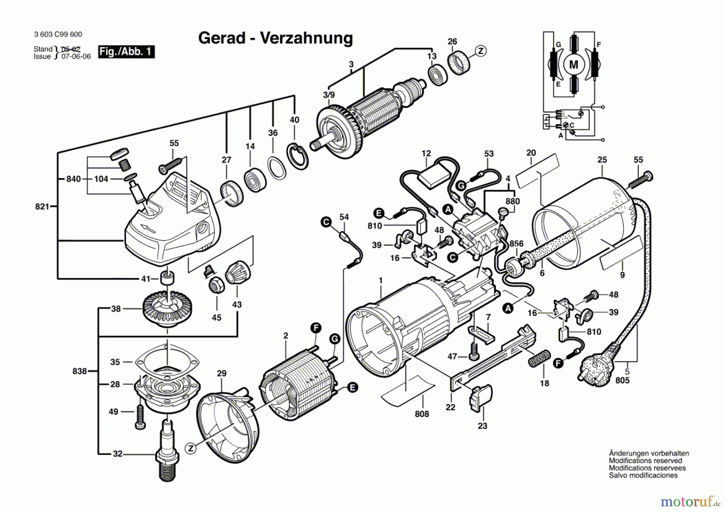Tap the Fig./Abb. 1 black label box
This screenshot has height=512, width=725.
point(126,52)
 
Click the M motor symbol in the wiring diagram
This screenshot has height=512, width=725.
point(574,64)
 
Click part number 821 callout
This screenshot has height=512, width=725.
point(42,207)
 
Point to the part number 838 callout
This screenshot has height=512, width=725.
point(79,371)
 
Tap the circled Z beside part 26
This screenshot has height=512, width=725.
point(480,51)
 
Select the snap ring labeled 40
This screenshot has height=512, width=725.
point(298,156)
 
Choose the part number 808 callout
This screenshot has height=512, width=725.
point(422,414)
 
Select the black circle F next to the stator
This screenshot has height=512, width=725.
point(316,328)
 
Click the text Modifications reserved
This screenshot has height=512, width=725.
point(645,460)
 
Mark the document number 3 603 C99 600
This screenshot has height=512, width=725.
point(58,35)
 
